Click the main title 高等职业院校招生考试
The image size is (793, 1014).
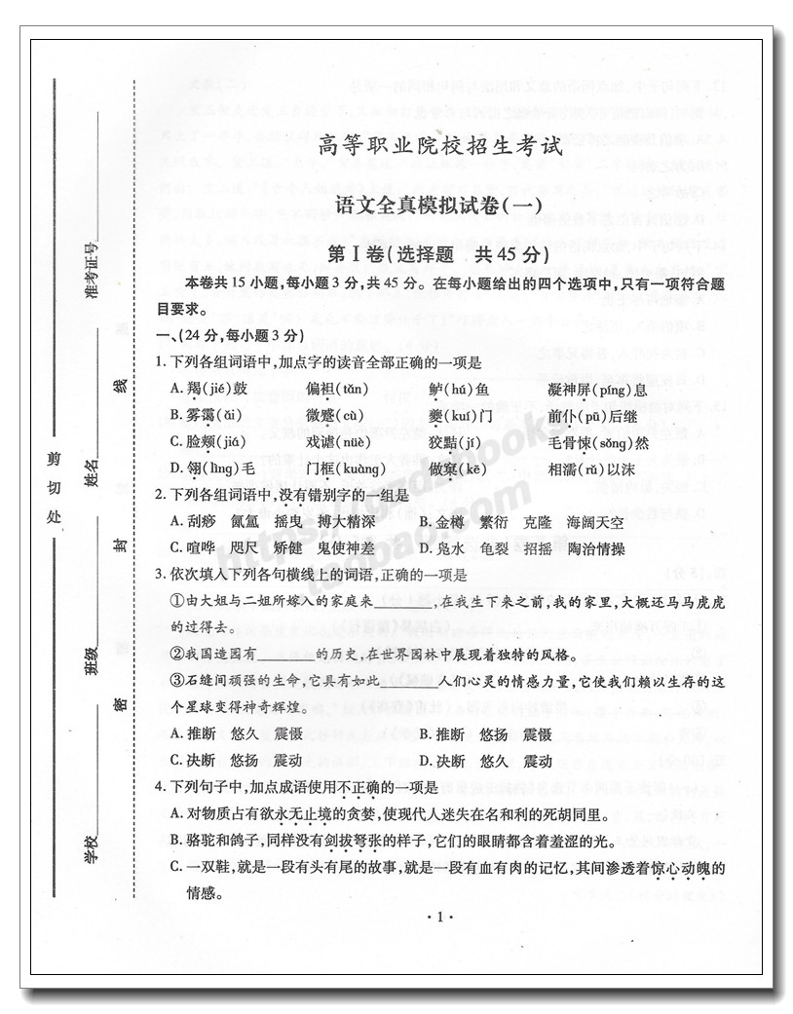440,149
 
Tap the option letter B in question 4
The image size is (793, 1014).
176,840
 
